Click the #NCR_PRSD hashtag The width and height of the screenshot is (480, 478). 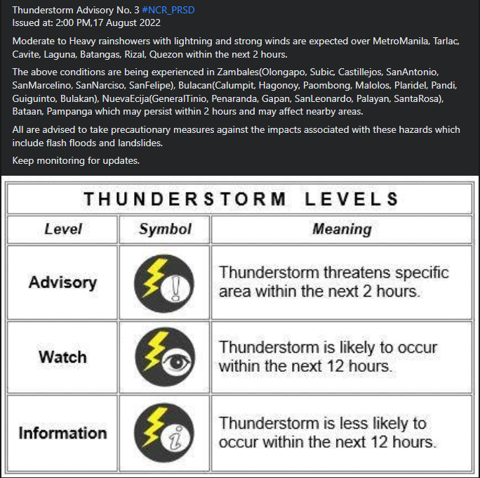168,11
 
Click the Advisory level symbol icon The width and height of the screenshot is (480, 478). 164,283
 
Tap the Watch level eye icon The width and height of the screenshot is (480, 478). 164,357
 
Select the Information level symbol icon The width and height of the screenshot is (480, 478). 164,432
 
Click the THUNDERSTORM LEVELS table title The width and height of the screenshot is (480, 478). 241,199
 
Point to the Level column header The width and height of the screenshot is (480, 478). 63,229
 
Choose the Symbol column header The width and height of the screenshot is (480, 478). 165,229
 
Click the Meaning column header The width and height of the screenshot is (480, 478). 342,229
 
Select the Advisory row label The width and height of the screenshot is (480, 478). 62,283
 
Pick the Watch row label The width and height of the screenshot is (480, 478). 62,357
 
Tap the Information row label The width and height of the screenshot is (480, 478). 62,432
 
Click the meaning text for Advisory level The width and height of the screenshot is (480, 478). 333,282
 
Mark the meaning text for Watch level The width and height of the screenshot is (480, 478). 328,357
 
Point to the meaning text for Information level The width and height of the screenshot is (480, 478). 327,432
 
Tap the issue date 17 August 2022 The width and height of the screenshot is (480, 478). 124,23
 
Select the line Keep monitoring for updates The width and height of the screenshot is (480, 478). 76,160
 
